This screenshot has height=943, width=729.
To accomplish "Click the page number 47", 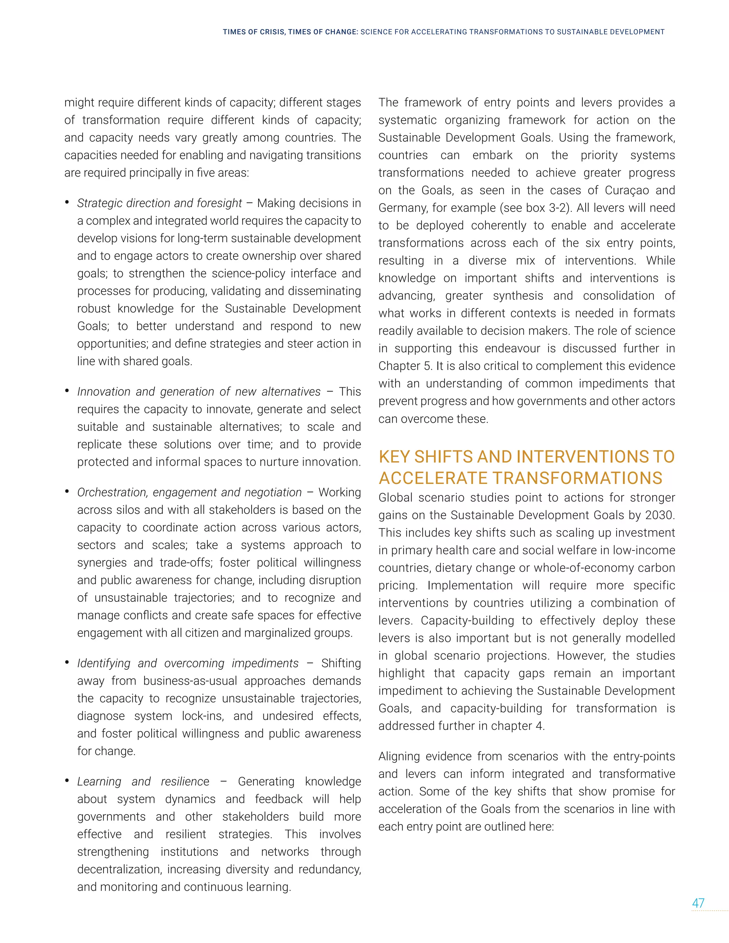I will (698, 902).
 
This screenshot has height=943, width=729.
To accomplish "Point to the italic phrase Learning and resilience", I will (143, 781).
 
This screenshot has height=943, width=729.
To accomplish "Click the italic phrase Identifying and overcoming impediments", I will (188, 663).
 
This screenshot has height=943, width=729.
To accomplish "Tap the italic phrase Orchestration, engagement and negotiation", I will (189, 492).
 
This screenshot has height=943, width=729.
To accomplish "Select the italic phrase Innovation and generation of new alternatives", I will (199, 392).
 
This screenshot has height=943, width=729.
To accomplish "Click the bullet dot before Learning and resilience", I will (67, 781).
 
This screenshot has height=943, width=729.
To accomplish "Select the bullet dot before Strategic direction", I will (67, 202).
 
